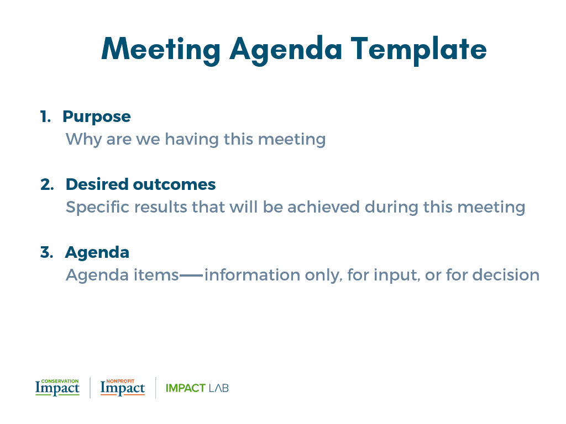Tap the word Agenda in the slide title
coord(286,50)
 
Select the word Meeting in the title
coord(161,49)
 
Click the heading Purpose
coord(96,117)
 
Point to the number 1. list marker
coord(45,117)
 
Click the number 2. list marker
coord(47,184)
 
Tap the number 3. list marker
coord(47,253)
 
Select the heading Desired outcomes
coord(140,184)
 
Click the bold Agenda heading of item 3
coord(97,253)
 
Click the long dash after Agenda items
coord(191,275)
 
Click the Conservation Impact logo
coord(57,388)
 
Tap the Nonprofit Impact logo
coord(123,388)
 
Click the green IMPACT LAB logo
coord(197,388)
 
